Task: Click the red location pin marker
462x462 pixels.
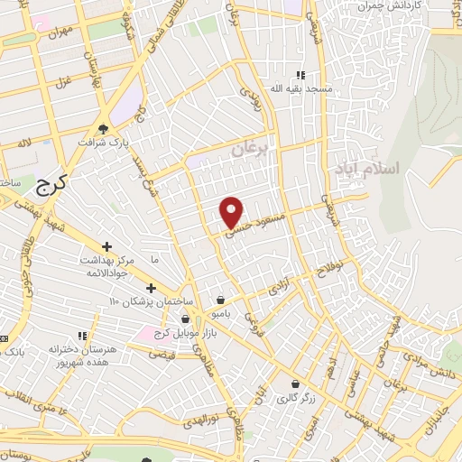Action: (232, 210)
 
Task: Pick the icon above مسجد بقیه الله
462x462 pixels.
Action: (301, 76)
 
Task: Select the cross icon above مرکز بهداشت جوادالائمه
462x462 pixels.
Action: (107, 245)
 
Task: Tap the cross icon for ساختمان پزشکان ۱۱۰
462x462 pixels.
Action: (151, 288)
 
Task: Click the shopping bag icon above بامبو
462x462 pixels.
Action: (221, 300)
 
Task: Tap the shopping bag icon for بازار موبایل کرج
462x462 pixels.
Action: (186, 319)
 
